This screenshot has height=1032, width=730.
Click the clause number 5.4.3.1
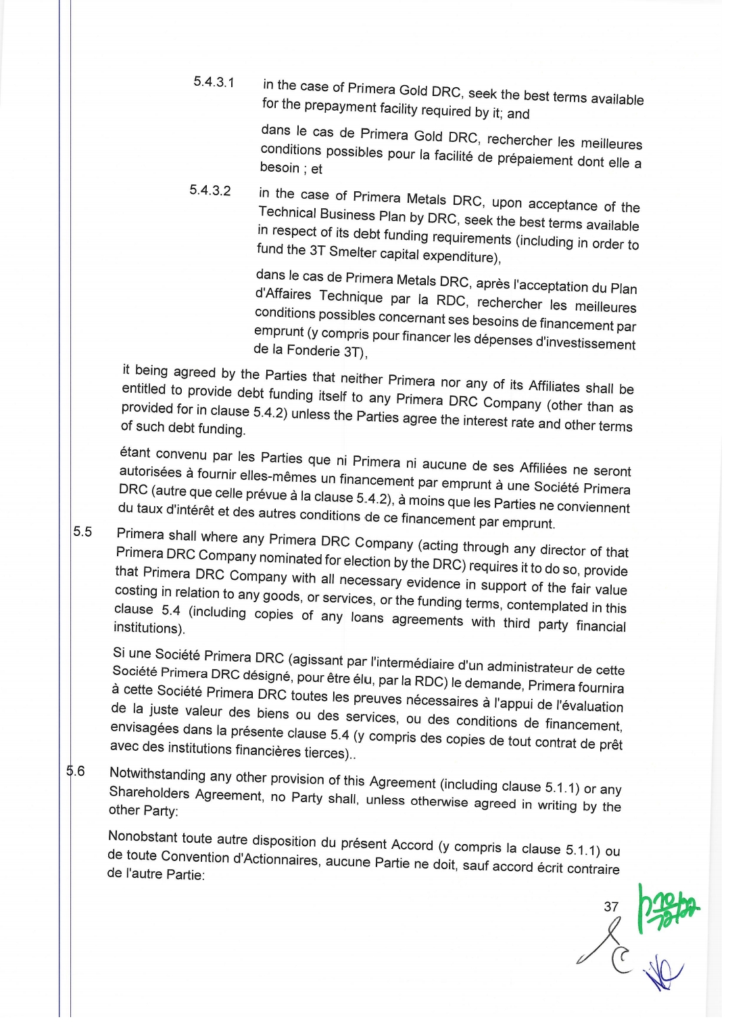(x=214, y=82)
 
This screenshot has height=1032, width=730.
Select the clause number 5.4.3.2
(x=210, y=191)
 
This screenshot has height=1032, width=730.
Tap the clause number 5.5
(x=82, y=532)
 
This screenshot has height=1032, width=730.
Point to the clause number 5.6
(x=76, y=771)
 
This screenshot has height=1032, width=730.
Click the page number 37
(x=611, y=907)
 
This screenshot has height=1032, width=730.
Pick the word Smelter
(x=352, y=252)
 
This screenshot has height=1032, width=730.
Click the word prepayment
(x=340, y=107)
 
